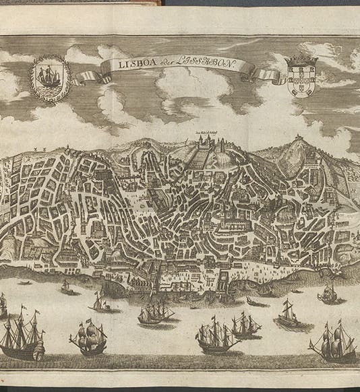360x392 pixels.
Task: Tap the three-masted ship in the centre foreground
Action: point(216,336)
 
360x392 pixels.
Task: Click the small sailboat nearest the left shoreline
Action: point(66,286)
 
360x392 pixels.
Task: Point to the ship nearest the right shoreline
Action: point(328,293)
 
